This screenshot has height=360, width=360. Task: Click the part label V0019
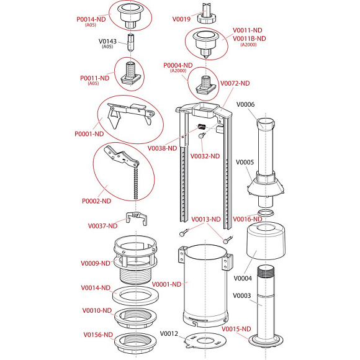[x=181, y=19]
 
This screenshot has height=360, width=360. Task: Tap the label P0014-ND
[x=91, y=19]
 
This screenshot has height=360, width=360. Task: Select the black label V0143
[x=107, y=42]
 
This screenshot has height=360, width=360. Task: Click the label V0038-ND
[x=162, y=148]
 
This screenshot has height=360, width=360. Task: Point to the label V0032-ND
[x=205, y=156]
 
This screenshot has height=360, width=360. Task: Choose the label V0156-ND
[x=98, y=335]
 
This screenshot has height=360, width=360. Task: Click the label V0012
[x=169, y=333]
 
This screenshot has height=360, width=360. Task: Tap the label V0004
[x=243, y=278]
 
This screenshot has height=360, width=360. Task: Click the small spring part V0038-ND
[x=201, y=126]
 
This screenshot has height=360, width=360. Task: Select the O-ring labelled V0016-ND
[x=266, y=213]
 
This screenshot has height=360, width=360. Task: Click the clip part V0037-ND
[x=136, y=218]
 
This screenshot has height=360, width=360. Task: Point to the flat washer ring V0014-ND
[x=135, y=295]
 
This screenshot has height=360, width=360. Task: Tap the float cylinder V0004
[x=266, y=241]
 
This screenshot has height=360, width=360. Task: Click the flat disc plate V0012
[x=205, y=340]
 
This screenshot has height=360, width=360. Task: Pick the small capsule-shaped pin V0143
[x=131, y=43]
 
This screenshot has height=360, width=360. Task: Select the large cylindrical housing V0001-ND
[x=205, y=285]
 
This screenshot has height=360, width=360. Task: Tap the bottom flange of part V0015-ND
[x=266, y=341]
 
